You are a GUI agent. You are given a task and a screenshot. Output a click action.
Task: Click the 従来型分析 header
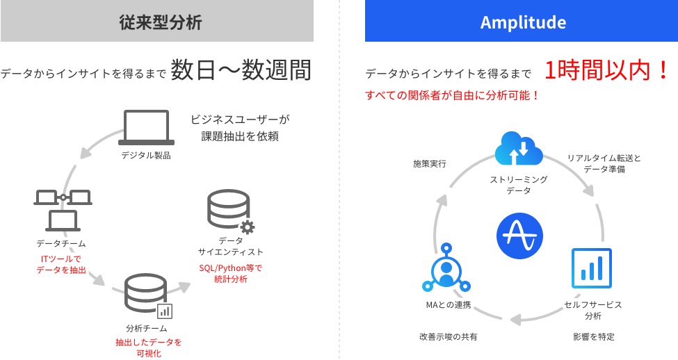click(x=156, y=22)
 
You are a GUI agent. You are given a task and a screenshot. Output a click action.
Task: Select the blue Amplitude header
click(x=522, y=22)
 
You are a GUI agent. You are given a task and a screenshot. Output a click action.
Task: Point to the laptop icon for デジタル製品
click(x=146, y=127)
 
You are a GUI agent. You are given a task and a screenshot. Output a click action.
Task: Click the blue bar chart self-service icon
click(x=591, y=268)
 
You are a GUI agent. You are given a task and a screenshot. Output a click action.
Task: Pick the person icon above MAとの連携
click(x=446, y=272)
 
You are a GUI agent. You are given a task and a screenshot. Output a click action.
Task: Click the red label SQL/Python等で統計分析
click(x=231, y=273)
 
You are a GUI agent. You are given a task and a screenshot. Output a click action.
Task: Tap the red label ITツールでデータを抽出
click(x=62, y=264)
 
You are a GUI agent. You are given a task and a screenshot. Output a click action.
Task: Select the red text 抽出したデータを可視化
click(x=148, y=347)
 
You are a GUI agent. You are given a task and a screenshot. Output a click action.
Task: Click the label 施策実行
click(x=429, y=164)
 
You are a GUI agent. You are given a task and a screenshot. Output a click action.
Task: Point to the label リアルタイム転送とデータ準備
click(x=604, y=163)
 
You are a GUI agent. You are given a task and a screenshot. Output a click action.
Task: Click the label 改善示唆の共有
click(x=448, y=336)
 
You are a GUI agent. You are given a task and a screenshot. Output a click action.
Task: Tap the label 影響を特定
click(x=593, y=336)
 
